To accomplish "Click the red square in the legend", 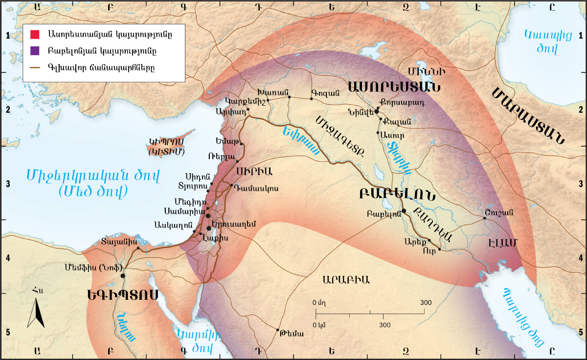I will tap(35, 35).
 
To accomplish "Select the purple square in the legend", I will tap(35, 50).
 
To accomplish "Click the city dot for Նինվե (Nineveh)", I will tap(377, 112).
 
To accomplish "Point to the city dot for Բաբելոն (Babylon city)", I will tap(404, 211).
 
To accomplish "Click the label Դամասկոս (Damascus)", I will tap(256, 188).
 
